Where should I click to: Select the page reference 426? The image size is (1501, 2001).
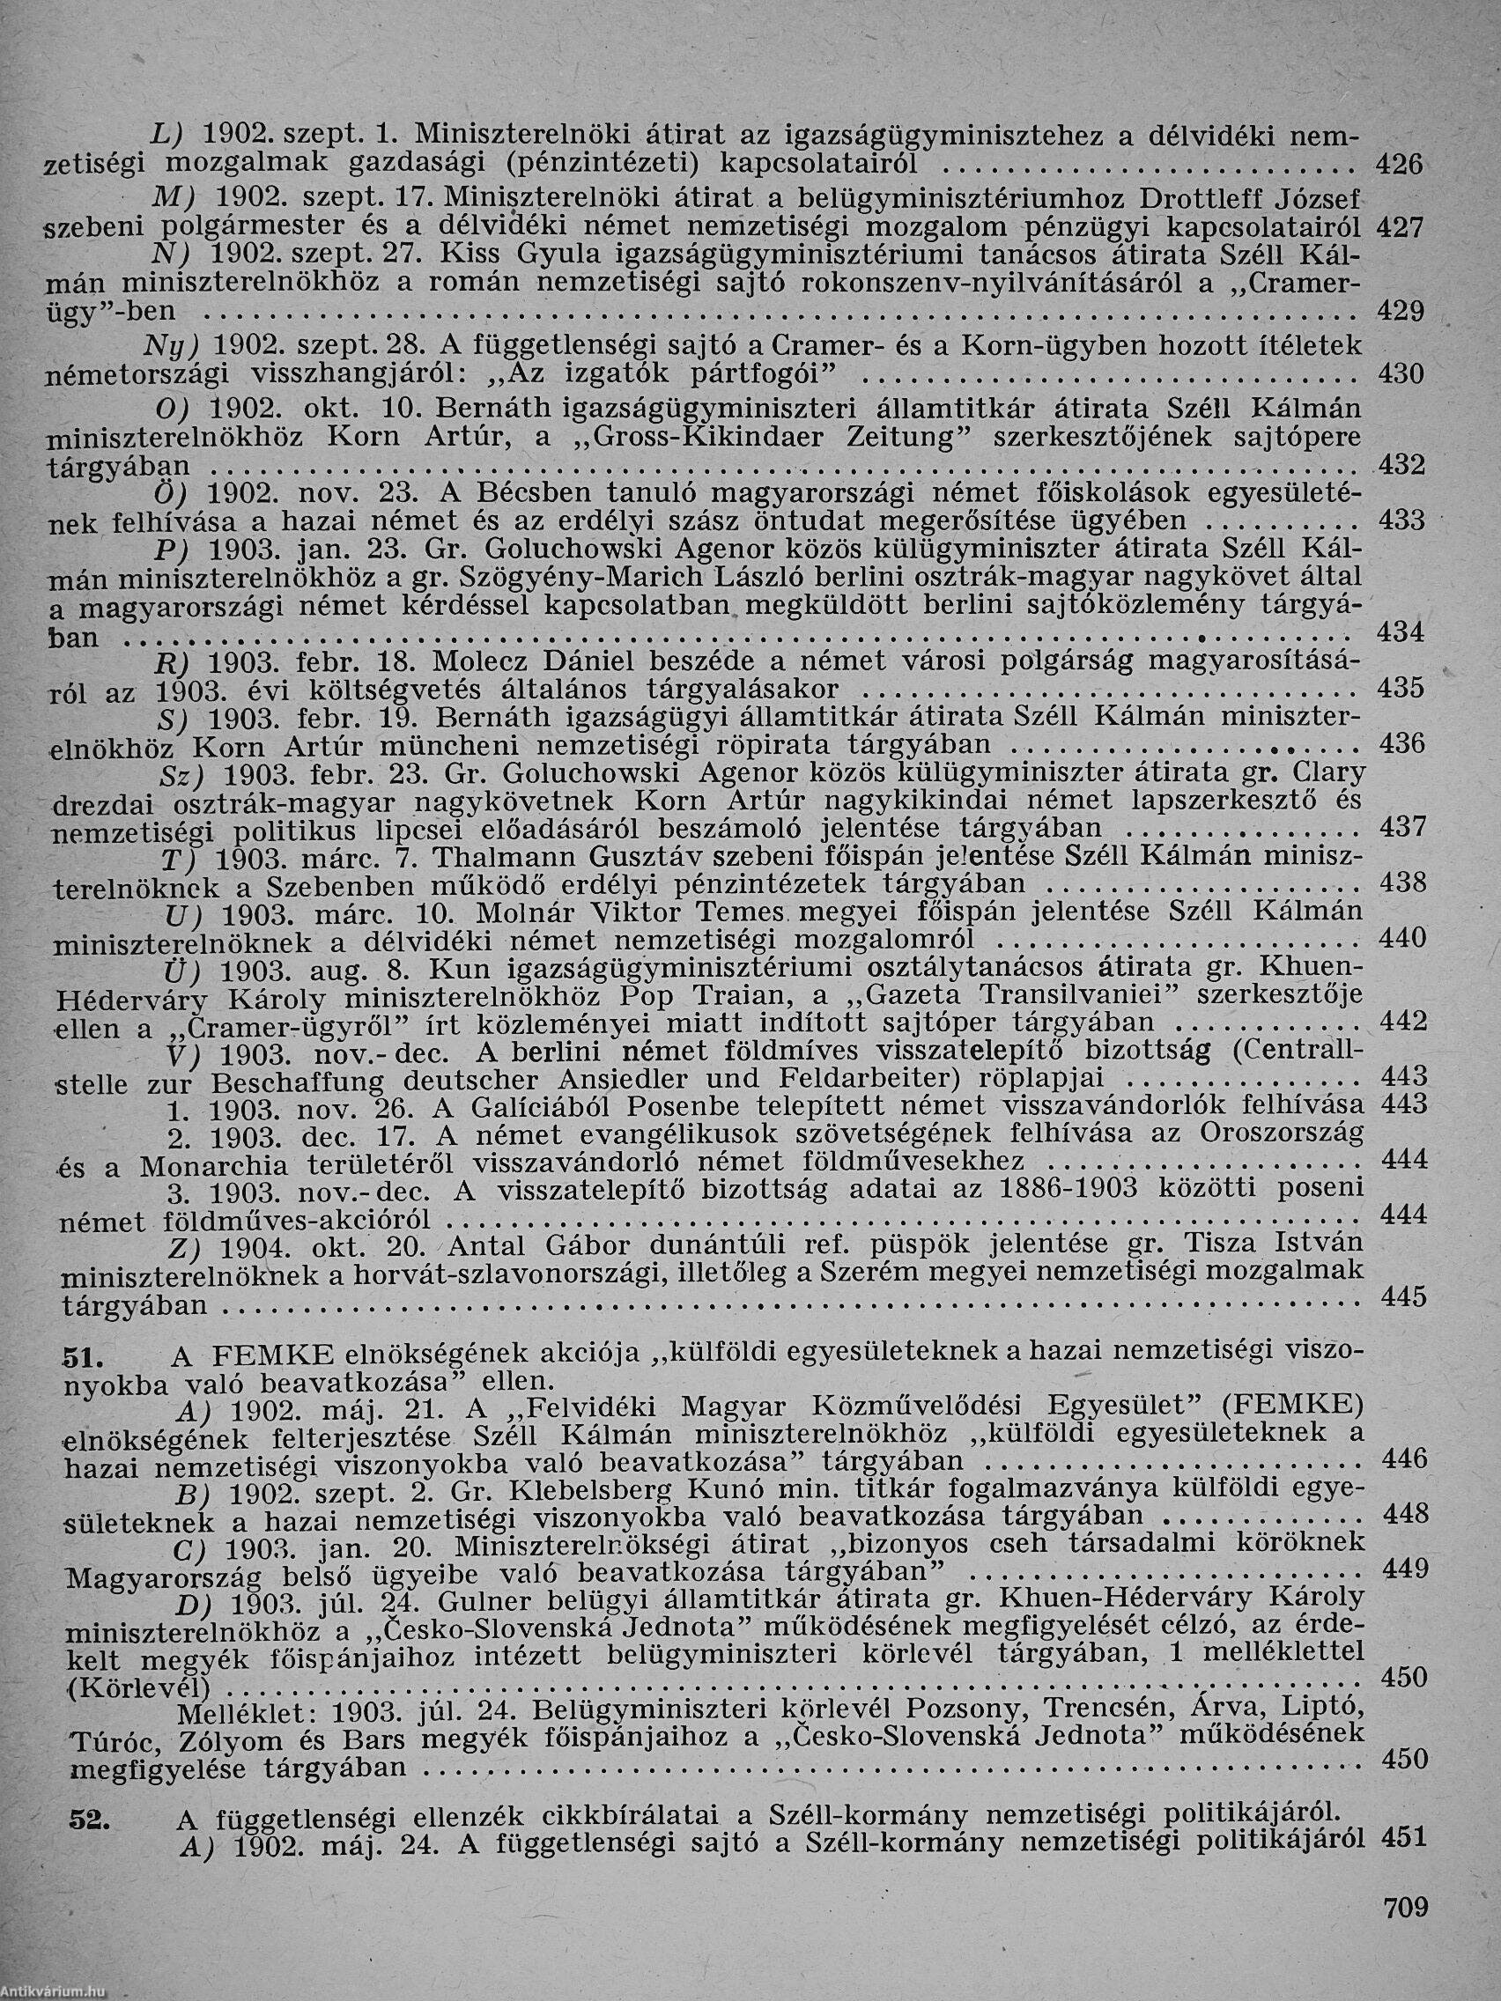1399,164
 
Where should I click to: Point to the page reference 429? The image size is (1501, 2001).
1399,311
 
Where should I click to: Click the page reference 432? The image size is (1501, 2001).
1401,466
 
